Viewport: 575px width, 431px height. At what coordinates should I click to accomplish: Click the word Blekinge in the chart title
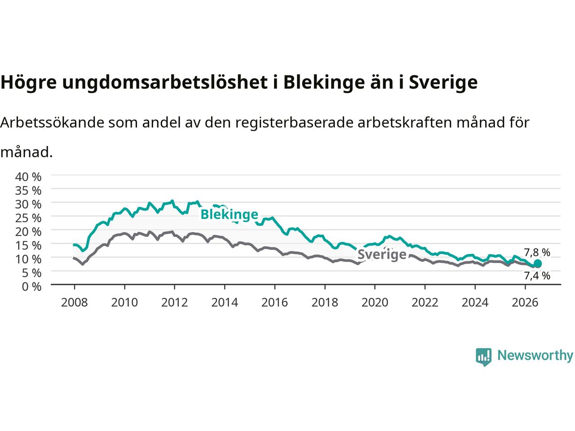click(x=324, y=82)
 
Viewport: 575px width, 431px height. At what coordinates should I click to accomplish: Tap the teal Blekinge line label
click(x=229, y=215)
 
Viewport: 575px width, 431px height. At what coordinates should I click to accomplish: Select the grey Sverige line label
click(x=382, y=255)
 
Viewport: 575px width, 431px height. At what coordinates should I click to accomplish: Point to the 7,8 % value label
click(x=537, y=252)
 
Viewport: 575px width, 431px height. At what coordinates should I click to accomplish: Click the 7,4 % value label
click(x=537, y=276)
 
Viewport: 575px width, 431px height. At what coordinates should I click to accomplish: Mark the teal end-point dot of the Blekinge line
click(x=538, y=263)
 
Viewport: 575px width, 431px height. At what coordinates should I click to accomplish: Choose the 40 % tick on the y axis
click(x=28, y=177)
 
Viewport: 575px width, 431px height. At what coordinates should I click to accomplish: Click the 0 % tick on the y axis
click(x=31, y=287)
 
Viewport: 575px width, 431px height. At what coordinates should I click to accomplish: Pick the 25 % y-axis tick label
click(x=28, y=218)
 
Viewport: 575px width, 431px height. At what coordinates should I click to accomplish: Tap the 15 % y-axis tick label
click(x=28, y=246)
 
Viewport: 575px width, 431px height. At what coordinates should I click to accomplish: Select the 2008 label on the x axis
click(x=75, y=303)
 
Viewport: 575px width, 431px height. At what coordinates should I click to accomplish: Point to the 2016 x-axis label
click(x=274, y=303)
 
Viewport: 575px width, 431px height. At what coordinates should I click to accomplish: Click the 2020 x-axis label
click(x=375, y=303)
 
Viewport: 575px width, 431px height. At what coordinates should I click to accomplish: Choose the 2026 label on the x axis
click(x=525, y=303)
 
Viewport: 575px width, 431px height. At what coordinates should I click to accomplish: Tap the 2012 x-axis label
click(x=174, y=303)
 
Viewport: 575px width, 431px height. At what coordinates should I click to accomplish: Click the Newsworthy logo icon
click(x=483, y=357)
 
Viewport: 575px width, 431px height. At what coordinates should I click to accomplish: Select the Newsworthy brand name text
click(x=535, y=356)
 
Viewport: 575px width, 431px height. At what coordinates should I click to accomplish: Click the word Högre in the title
click(x=29, y=83)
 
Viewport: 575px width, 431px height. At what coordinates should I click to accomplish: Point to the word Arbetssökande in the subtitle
click(x=53, y=123)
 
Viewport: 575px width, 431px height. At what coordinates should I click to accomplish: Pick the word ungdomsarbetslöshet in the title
click(x=165, y=83)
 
